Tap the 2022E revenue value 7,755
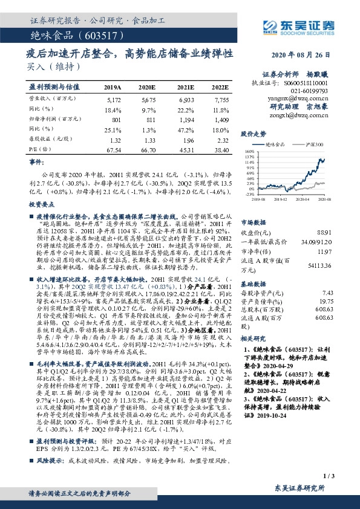[221, 97]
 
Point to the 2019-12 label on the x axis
[283, 198]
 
